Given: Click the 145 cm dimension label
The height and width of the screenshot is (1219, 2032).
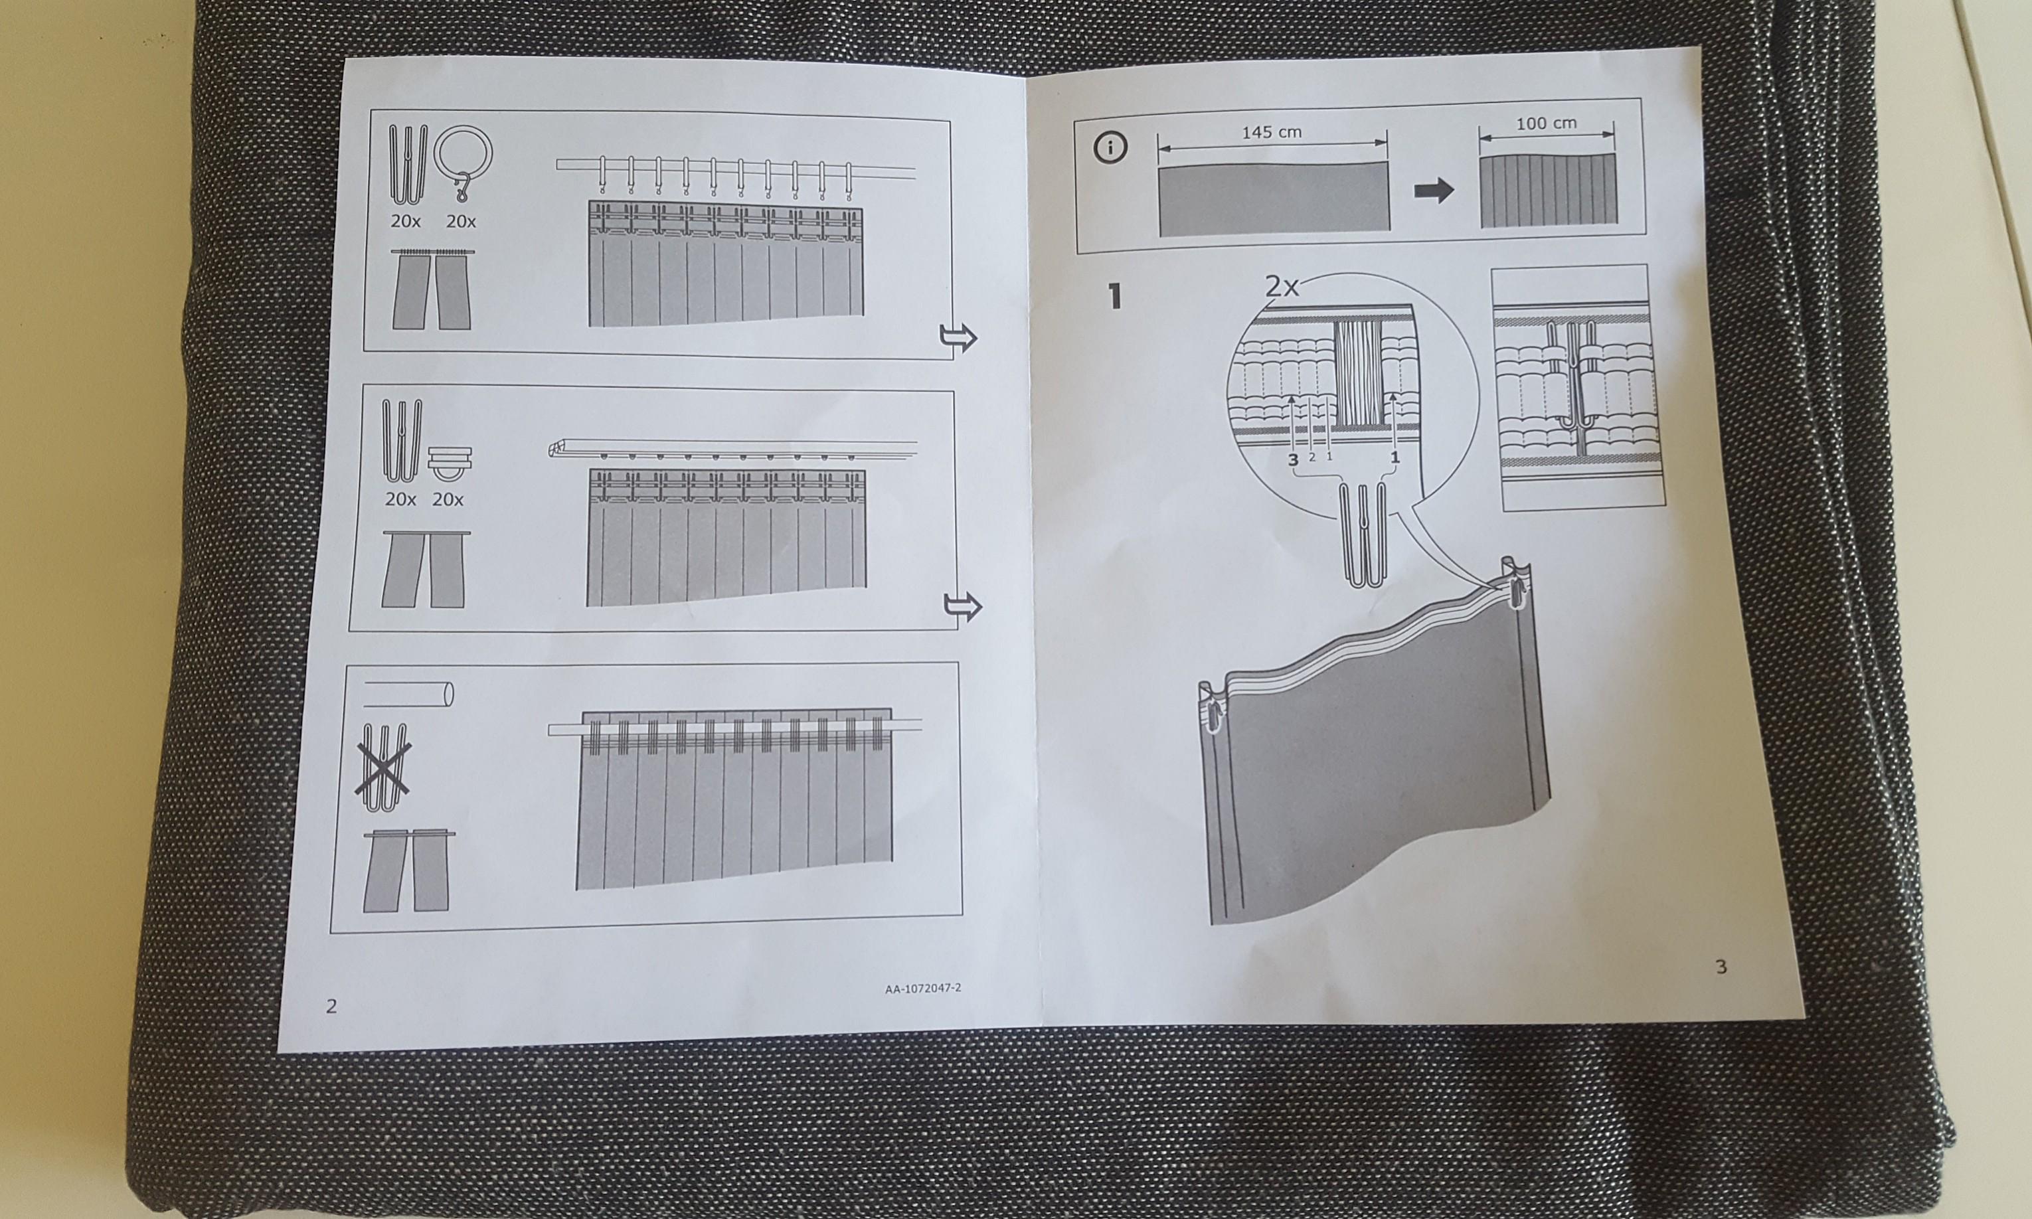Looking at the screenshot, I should click(x=1272, y=131).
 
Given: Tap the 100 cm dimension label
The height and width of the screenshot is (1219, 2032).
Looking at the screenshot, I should click(x=1546, y=123).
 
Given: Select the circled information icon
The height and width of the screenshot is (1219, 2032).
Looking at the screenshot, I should click(x=1110, y=148).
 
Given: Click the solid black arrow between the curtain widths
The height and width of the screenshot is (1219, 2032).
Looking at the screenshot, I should click(x=1433, y=191).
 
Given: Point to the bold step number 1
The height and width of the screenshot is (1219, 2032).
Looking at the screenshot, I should click(x=1114, y=295).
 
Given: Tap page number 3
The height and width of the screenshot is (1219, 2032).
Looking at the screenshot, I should click(x=1721, y=967).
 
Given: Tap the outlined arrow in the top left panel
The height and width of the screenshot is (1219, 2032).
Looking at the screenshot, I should click(x=958, y=337).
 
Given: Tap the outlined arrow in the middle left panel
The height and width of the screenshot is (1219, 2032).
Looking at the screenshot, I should click(x=963, y=606).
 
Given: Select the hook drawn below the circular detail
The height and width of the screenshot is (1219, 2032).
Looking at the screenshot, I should click(x=1363, y=534).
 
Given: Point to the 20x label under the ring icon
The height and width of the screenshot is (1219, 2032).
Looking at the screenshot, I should click(x=461, y=221).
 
